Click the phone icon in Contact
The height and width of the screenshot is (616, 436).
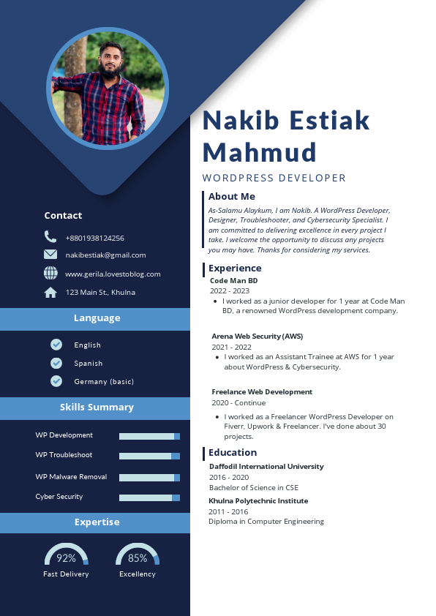coord(50,236)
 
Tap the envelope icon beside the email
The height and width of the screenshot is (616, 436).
coord(50,255)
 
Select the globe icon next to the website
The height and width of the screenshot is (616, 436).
coord(50,273)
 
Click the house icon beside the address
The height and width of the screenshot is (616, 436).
coord(50,293)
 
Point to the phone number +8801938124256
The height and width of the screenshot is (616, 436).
coord(94,238)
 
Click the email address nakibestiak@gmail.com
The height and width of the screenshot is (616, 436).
coord(105,255)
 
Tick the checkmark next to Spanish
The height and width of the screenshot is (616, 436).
coord(56,363)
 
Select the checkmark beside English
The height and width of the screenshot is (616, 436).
coord(56,345)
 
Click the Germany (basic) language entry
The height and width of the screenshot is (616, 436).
coord(103,382)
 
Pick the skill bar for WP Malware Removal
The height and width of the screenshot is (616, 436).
coord(149,478)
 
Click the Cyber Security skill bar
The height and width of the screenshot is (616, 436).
coord(149,497)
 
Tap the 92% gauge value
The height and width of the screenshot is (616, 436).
coord(66,558)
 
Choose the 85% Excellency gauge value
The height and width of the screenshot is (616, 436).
coord(138,558)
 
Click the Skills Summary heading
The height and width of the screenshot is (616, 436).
coord(97,407)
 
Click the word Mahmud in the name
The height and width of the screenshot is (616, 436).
coord(259,152)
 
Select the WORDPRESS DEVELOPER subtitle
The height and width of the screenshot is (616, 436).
coord(274,178)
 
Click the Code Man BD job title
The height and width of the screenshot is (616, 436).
coord(234,280)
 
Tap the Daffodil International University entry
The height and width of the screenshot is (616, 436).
coord(266,466)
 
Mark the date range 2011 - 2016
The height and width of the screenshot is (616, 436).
coord(228,511)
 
